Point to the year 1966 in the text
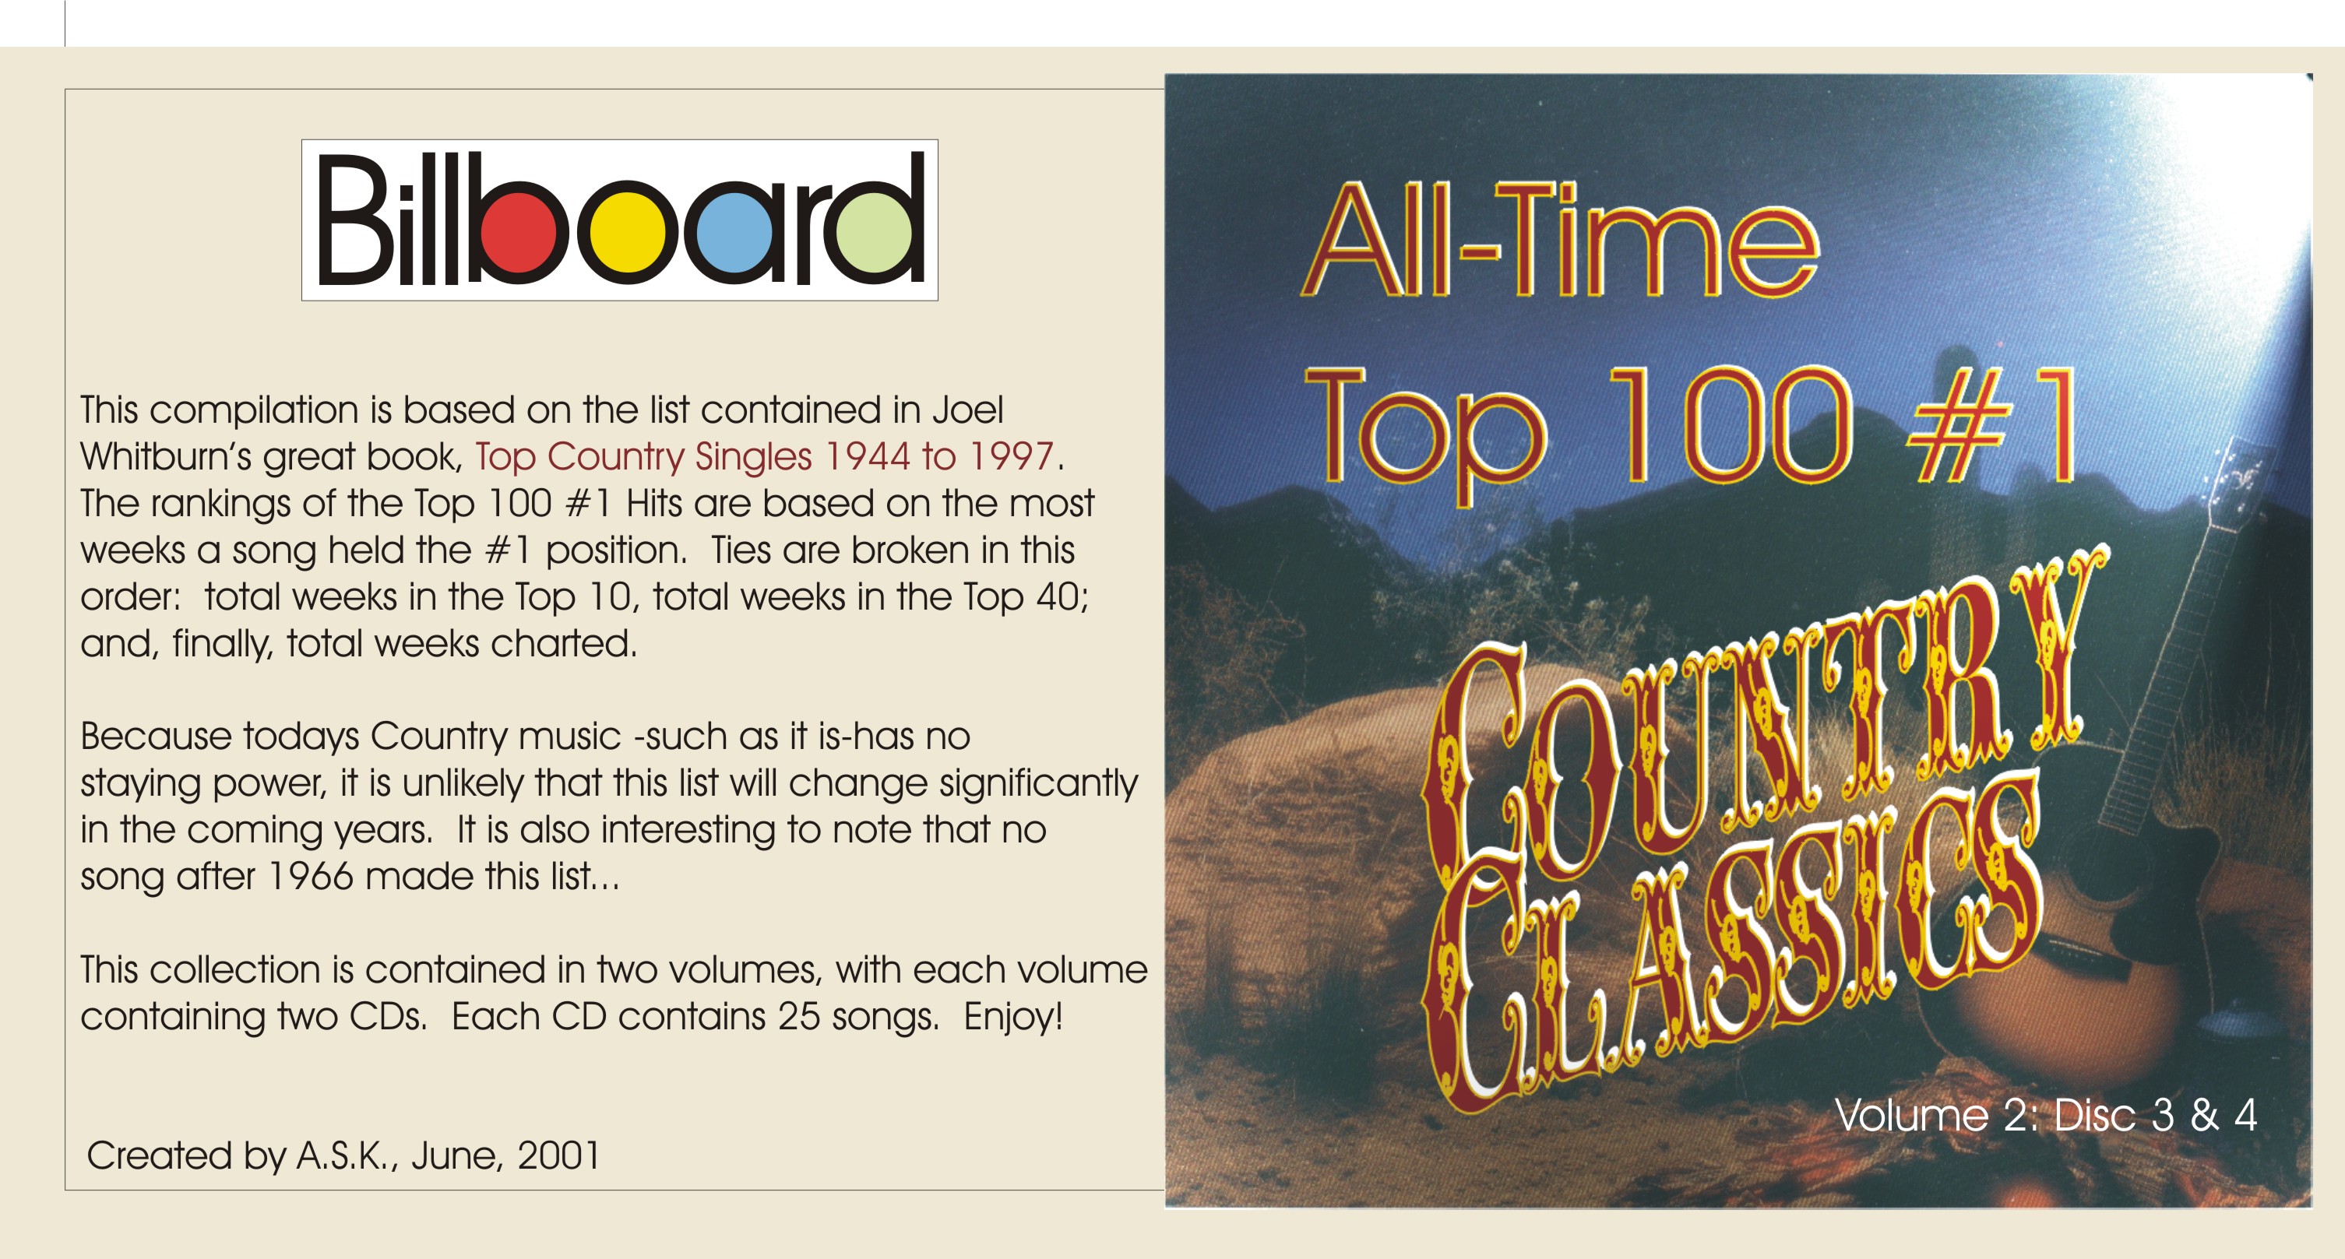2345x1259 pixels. pos(311,876)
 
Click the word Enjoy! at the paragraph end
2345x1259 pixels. pos(1013,1016)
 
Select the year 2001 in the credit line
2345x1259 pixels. pos(558,1155)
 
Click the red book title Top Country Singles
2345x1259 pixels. pos(643,457)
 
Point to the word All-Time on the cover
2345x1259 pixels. pos(1559,241)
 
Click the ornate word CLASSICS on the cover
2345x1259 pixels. pos(1730,947)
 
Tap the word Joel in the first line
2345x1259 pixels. pos(968,410)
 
